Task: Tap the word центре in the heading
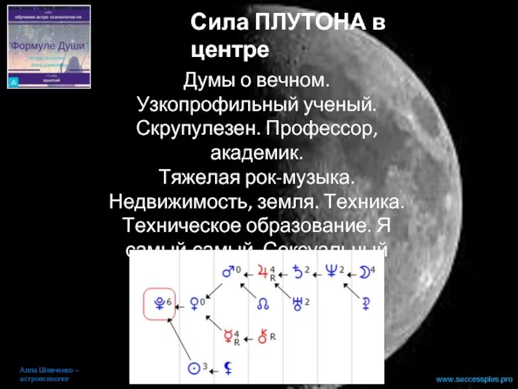(x=230, y=49)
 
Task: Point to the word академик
(x=256, y=153)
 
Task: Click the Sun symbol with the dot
(x=192, y=369)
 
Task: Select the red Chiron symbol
(x=264, y=336)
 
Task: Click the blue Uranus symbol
(x=298, y=302)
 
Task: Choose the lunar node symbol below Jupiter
(x=264, y=303)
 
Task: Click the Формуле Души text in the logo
(x=49, y=47)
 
